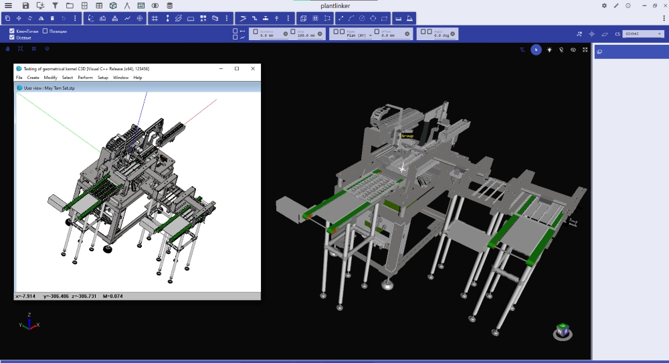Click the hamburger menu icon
(8, 5)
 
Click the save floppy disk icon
(26, 5)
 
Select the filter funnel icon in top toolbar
(55, 5)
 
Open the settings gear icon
(605, 5)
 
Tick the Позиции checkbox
(45, 31)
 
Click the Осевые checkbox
(12, 38)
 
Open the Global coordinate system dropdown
(643, 33)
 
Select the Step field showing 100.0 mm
(308, 35)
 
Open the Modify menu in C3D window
(51, 78)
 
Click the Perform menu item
(85, 78)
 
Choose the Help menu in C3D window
(138, 78)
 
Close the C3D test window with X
(253, 68)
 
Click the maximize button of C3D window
(237, 68)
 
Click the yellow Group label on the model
(407, 136)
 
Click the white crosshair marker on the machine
(402, 168)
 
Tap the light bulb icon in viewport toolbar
(549, 50)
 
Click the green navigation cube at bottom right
(564, 330)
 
